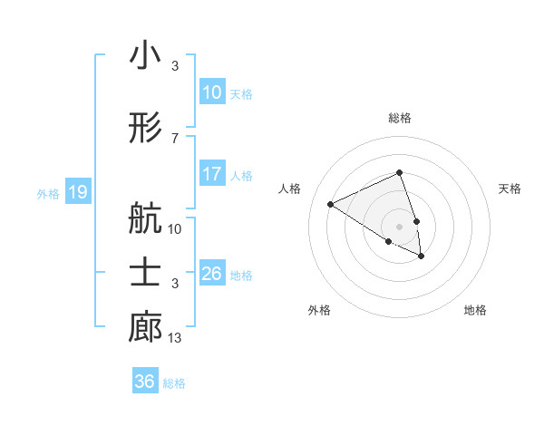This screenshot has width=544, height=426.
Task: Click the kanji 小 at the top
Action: [145, 56]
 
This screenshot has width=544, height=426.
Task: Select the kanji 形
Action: [145, 130]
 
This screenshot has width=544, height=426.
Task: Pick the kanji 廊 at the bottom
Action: [145, 328]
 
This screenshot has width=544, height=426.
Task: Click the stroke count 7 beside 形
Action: [175, 138]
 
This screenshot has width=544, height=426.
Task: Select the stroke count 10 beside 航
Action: [175, 228]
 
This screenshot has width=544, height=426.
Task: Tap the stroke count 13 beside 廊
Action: [175, 338]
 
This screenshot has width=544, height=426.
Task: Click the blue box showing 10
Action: [211, 92]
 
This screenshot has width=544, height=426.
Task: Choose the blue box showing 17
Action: [211, 174]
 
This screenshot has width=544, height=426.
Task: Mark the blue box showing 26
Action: [211, 274]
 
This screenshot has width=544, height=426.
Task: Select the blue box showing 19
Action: [77, 192]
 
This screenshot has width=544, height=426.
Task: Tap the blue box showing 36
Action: [144, 382]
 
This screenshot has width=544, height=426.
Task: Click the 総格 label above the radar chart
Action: [400, 118]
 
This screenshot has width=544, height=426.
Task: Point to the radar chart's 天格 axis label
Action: [510, 189]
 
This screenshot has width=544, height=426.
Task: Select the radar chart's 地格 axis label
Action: [475, 310]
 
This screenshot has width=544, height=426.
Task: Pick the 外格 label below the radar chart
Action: [319, 310]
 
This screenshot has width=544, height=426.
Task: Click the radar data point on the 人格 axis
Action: [331, 204]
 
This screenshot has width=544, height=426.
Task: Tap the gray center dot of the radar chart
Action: [400, 226]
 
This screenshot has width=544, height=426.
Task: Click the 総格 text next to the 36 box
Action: [175, 382]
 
